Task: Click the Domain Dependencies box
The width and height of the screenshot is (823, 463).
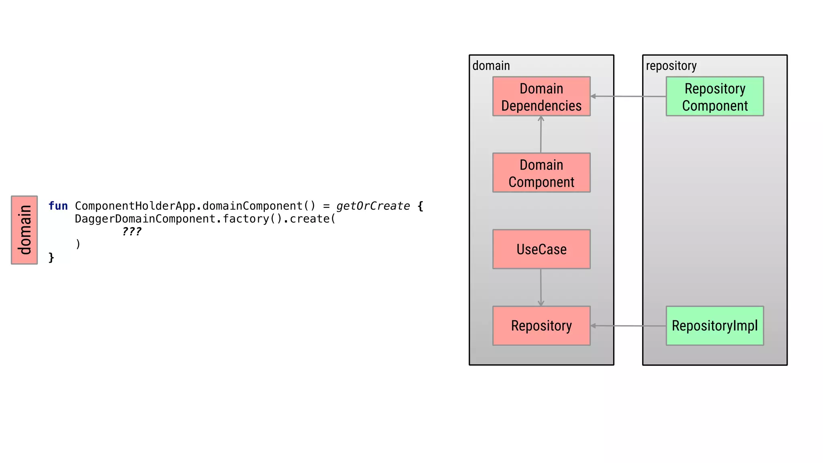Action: (x=541, y=96)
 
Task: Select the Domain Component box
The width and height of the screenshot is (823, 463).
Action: (x=541, y=173)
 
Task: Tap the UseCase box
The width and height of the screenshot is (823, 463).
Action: (x=541, y=249)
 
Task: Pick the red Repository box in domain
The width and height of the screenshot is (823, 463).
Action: (x=541, y=326)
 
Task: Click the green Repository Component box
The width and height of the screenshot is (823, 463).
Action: (x=714, y=96)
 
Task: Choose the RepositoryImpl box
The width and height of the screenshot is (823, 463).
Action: (x=714, y=326)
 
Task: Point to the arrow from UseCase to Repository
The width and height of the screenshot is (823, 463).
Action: (x=541, y=287)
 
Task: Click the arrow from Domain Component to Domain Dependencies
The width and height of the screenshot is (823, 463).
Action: (x=541, y=135)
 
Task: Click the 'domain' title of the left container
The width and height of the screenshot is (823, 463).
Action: (x=491, y=66)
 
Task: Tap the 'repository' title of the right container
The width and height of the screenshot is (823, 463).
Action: (x=671, y=66)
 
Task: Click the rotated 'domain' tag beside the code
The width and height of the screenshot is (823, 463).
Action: (x=25, y=230)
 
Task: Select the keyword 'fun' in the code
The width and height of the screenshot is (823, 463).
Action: (x=58, y=206)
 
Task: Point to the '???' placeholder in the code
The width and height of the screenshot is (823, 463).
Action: (x=131, y=231)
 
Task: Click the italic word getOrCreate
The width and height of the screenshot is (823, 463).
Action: (x=373, y=206)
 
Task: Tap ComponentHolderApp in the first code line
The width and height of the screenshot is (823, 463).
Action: (x=135, y=206)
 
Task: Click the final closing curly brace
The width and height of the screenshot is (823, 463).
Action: (x=51, y=257)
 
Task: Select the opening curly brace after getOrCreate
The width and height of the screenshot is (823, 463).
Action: (x=420, y=206)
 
